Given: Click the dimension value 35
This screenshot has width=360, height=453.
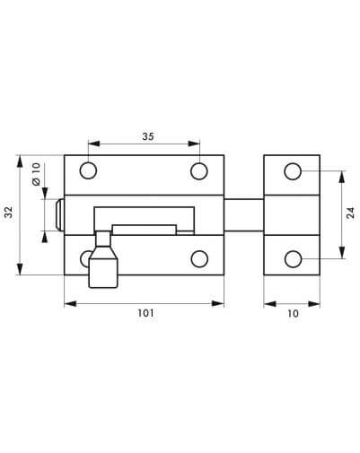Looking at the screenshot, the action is click(148, 136).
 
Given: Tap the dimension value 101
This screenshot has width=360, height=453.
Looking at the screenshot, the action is click(145, 313).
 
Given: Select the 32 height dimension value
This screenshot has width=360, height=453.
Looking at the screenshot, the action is click(9, 212).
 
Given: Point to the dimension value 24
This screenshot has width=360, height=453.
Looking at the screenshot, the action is click(350, 213).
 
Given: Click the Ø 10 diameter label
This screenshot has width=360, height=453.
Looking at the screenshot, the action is click(36, 174).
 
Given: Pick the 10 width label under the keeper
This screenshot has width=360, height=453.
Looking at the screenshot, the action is click(293, 313).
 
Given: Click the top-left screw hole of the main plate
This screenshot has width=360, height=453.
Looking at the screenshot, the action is click(88, 170).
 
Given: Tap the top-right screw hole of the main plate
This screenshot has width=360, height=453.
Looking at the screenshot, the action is click(199, 171).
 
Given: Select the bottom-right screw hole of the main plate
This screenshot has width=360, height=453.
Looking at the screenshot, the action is click(199, 259).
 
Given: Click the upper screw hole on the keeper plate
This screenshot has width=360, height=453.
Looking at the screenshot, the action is click(293, 171).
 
